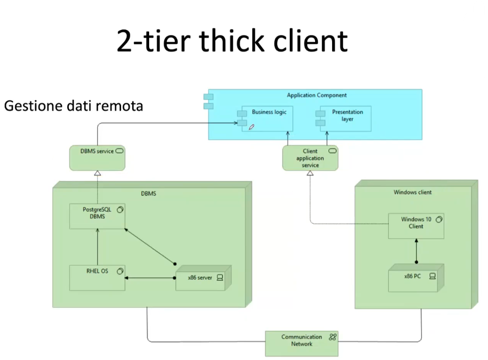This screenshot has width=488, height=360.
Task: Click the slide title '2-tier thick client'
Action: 232,41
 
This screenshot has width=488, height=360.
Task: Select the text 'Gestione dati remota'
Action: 73,106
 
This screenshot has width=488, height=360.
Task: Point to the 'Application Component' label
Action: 317,95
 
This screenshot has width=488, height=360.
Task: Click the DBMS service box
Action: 97,158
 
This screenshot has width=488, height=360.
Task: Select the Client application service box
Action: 310,158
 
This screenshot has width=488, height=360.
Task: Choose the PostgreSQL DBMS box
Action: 97,216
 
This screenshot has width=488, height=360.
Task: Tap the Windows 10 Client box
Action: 416,226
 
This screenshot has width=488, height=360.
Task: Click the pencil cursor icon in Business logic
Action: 252,127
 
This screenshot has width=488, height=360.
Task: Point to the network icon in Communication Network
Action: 333,337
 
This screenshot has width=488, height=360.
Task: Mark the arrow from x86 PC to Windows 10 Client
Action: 416,251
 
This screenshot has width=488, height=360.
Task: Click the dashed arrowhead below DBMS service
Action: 97,173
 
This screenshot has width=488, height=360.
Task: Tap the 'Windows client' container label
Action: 412,192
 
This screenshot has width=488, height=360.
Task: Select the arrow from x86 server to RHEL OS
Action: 150,278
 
